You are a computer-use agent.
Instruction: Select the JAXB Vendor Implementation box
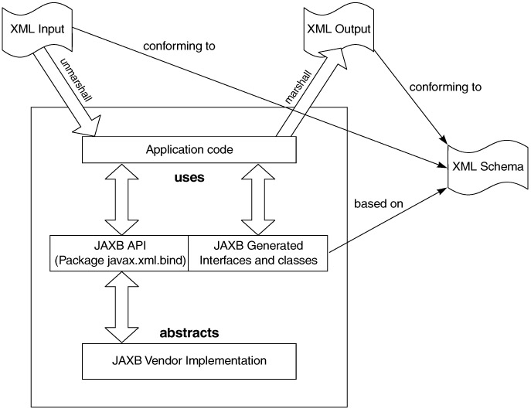coord(179,360)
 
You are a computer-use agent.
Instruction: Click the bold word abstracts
coord(189,333)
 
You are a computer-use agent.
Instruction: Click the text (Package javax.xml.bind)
coord(117,261)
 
